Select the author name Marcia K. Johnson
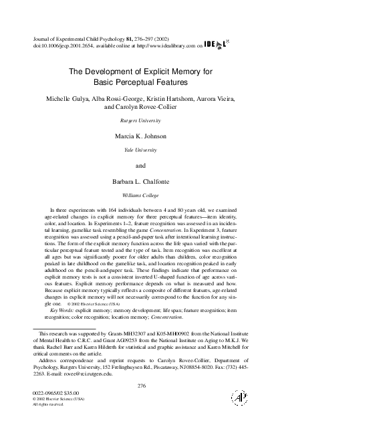(140, 136)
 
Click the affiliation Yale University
(140, 150)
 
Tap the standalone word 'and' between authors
(140, 166)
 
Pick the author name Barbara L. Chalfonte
(140, 181)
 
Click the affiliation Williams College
(140, 195)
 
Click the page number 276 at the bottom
(140, 386)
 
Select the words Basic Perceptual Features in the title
(140, 82)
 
